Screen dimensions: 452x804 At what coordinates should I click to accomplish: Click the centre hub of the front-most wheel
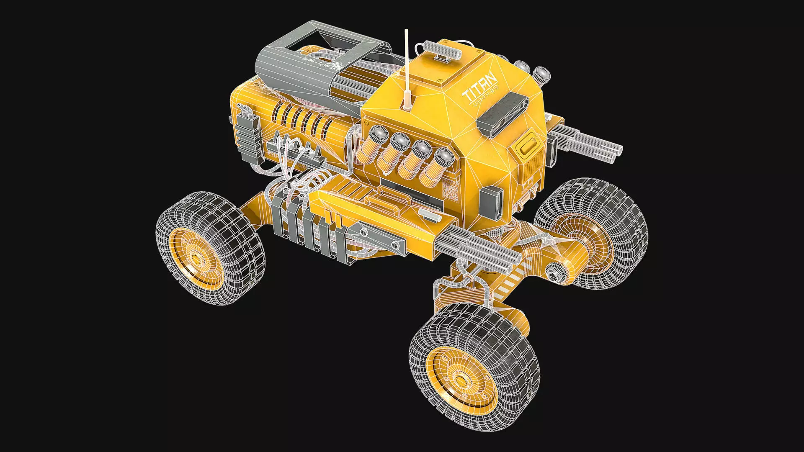tap(461, 381)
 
